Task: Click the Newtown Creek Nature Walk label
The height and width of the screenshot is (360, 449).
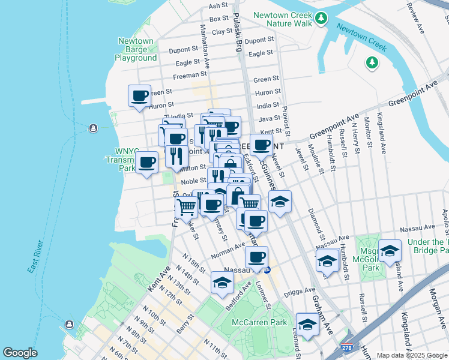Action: pyautogui.click(x=283, y=19)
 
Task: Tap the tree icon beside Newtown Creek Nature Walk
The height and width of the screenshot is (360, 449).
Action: pyautogui.click(x=322, y=19)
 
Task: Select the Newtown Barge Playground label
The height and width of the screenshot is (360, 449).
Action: pyautogui.click(x=136, y=50)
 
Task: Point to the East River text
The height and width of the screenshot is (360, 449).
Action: pyautogui.click(x=35, y=257)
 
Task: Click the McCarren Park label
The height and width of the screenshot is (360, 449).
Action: pyautogui.click(x=259, y=322)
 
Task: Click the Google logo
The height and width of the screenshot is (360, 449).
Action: pyautogui.click(x=20, y=353)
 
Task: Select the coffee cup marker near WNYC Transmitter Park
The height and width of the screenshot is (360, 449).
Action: pyautogui.click(x=147, y=162)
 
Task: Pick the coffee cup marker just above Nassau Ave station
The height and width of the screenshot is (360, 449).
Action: pyautogui.click(x=256, y=257)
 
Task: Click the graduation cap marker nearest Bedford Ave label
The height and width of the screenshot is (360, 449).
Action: pyautogui.click(x=221, y=283)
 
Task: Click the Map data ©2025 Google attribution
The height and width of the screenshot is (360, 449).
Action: pyautogui.click(x=411, y=355)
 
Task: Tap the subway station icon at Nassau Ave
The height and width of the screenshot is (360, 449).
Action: pyautogui.click(x=268, y=270)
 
